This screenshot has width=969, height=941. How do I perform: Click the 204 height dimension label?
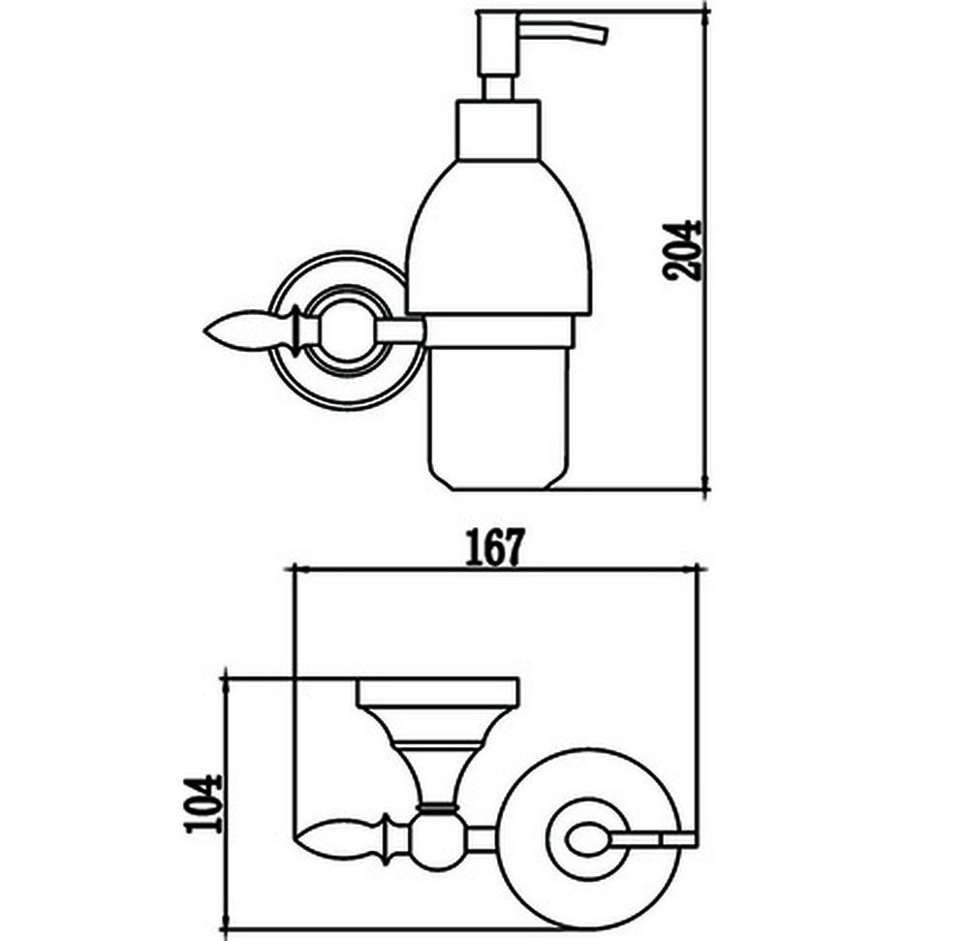(x=681, y=251)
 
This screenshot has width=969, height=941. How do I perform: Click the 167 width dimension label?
(x=494, y=547)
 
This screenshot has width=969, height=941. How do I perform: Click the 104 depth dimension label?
(x=203, y=803)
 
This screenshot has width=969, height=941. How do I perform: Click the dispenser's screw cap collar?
(x=499, y=130)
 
